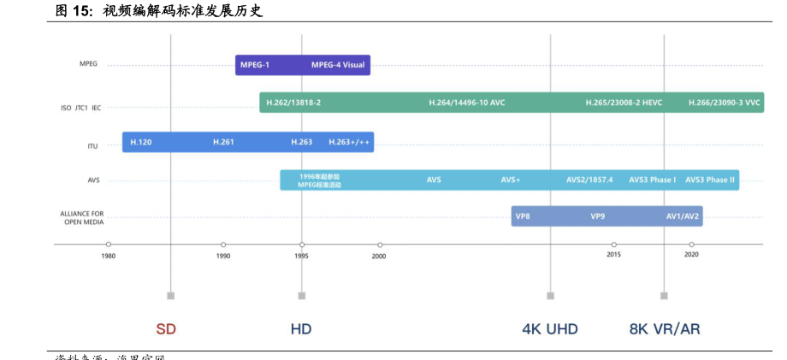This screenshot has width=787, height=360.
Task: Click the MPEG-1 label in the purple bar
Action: pyautogui.click(x=255, y=65)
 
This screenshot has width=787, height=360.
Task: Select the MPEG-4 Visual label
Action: pyautogui.click(x=338, y=65)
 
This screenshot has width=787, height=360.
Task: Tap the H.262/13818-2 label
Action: pyautogui.click(x=293, y=103)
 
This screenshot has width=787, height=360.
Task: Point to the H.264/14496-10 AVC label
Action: pyautogui.click(x=467, y=103)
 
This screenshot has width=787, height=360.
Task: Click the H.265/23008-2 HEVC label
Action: pyautogui.click(x=624, y=103)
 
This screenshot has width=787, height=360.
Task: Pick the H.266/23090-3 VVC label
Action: pyautogui.click(x=724, y=103)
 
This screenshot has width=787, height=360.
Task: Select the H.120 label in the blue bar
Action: pyautogui.click(x=141, y=142)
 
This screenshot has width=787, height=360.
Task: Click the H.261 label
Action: pyautogui.click(x=223, y=142)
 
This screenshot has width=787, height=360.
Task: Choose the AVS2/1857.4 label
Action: pyautogui.click(x=589, y=180)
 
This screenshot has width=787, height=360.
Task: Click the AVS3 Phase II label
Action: pyautogui.click(x=710, y=180)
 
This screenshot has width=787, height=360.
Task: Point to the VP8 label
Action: pyautogui.click(x=523, y=216)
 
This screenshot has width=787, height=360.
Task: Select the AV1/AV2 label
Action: pyautogui.click(x=683, y=216)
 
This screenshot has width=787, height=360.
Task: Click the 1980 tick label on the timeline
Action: pyautogui.click(x=108, y=256)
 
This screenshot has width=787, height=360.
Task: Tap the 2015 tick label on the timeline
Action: pyautogui.click(x=613, y=255)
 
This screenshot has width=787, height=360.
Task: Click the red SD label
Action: pyautogui.click(x=166, y=329)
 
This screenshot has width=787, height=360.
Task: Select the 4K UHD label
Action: pyautogui.click(x=550, y=329)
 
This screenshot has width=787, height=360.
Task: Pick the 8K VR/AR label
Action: pyautogui.click(x=665, y=329)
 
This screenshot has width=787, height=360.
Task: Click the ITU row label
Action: pyautogui.click(x=92, y=146)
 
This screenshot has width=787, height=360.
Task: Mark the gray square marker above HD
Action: pyautogui.click(x=302, y=296)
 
